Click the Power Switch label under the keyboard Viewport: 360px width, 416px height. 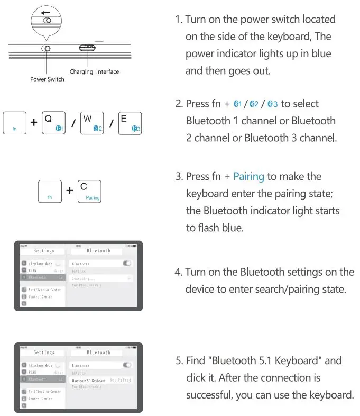[47, 79]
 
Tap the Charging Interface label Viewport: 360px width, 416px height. [94, 71]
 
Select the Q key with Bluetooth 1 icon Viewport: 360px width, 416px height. [53, 122]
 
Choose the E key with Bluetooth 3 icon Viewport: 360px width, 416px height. [130, 122]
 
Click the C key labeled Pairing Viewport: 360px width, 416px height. [89, 191]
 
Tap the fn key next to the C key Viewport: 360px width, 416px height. [50, 191]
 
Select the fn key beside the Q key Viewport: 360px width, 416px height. [15, 122]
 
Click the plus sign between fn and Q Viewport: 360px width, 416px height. [34, 123]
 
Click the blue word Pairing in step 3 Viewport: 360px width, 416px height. [248, 176]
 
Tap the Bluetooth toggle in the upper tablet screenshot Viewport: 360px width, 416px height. [127, 263]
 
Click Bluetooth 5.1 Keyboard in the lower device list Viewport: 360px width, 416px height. [88, 381]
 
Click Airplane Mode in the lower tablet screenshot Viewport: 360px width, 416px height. [40, 365]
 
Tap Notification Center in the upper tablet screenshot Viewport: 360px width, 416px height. [44, 290]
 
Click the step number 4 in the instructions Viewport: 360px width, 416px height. [178, 272]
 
